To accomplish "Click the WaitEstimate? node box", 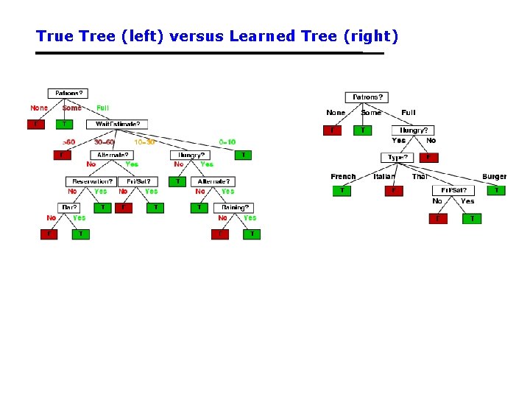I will (117, 124).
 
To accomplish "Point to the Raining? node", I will (233, 208).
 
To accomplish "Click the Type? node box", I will (397, 158).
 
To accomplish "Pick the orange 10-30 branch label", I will (144, 142).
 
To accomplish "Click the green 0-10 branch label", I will (227, 142).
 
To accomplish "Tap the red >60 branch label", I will (68, 142).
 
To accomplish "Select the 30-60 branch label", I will (105, 142).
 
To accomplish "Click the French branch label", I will (343, 177).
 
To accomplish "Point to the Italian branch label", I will (384, 177).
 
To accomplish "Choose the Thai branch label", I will (420, 177).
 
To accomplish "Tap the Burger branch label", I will (494, 177).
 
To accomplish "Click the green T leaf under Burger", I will (497, 190).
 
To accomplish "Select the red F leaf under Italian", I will (394, 191).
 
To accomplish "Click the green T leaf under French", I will (342, 191).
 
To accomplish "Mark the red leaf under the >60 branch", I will (62, 156).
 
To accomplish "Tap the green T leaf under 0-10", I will (244, 156).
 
